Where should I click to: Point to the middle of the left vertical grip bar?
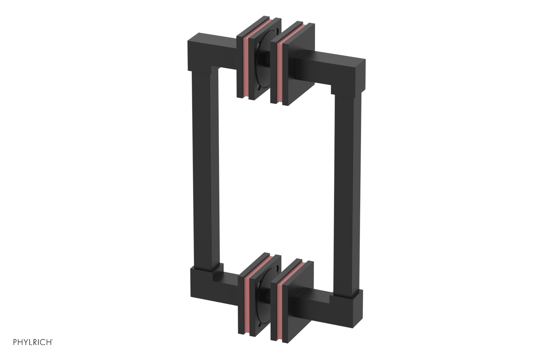[x=202, y=174]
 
